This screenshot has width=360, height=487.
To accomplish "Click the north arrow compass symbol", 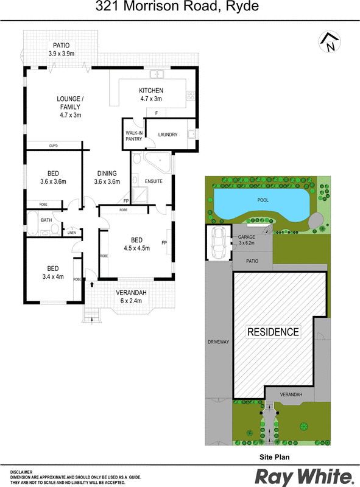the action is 330,42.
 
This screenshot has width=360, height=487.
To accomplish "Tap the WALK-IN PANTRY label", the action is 134,136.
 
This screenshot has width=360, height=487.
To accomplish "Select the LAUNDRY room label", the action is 168,135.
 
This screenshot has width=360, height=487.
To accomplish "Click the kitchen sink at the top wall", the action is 157,74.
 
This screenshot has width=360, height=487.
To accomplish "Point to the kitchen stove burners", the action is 190,96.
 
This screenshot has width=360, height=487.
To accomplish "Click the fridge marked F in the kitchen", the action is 156,113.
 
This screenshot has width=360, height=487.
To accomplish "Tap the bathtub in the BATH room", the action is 32,223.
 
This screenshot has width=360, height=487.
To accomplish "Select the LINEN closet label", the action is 71,233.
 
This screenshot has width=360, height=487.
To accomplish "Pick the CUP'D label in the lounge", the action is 54,145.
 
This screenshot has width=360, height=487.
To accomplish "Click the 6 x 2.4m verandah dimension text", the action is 131,301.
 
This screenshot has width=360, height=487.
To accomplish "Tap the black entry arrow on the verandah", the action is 92,284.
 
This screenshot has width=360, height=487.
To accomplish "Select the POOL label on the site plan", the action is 263,200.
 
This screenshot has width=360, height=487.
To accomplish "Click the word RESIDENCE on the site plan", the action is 273,332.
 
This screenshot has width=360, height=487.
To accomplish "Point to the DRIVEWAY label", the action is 218,342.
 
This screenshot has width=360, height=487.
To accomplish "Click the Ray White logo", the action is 305,477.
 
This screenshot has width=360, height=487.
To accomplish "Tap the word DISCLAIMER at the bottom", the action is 21,472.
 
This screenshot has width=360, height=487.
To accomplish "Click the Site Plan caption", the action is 275,457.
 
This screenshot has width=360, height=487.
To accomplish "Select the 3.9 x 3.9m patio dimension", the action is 62,54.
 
